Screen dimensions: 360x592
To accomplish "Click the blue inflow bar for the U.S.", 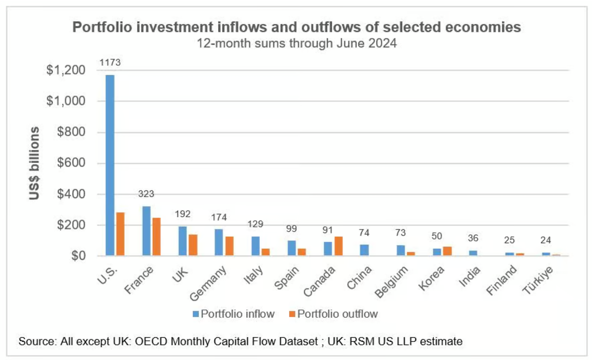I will [x=110, y=165].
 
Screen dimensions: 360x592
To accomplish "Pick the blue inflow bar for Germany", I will [x=219, y=242].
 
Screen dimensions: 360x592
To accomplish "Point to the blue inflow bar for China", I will [x=364, y=250].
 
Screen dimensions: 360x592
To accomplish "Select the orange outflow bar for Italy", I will [x=265, y=252].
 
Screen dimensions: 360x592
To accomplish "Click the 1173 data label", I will [x=110, y=62].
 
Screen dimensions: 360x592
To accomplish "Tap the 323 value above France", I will [x=146, y=194].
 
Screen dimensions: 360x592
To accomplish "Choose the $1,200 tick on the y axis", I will [x=66, y=71].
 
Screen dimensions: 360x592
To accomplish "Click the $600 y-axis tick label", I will [x=69, y=164].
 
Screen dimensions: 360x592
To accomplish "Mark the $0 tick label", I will [x=78, y=256].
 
